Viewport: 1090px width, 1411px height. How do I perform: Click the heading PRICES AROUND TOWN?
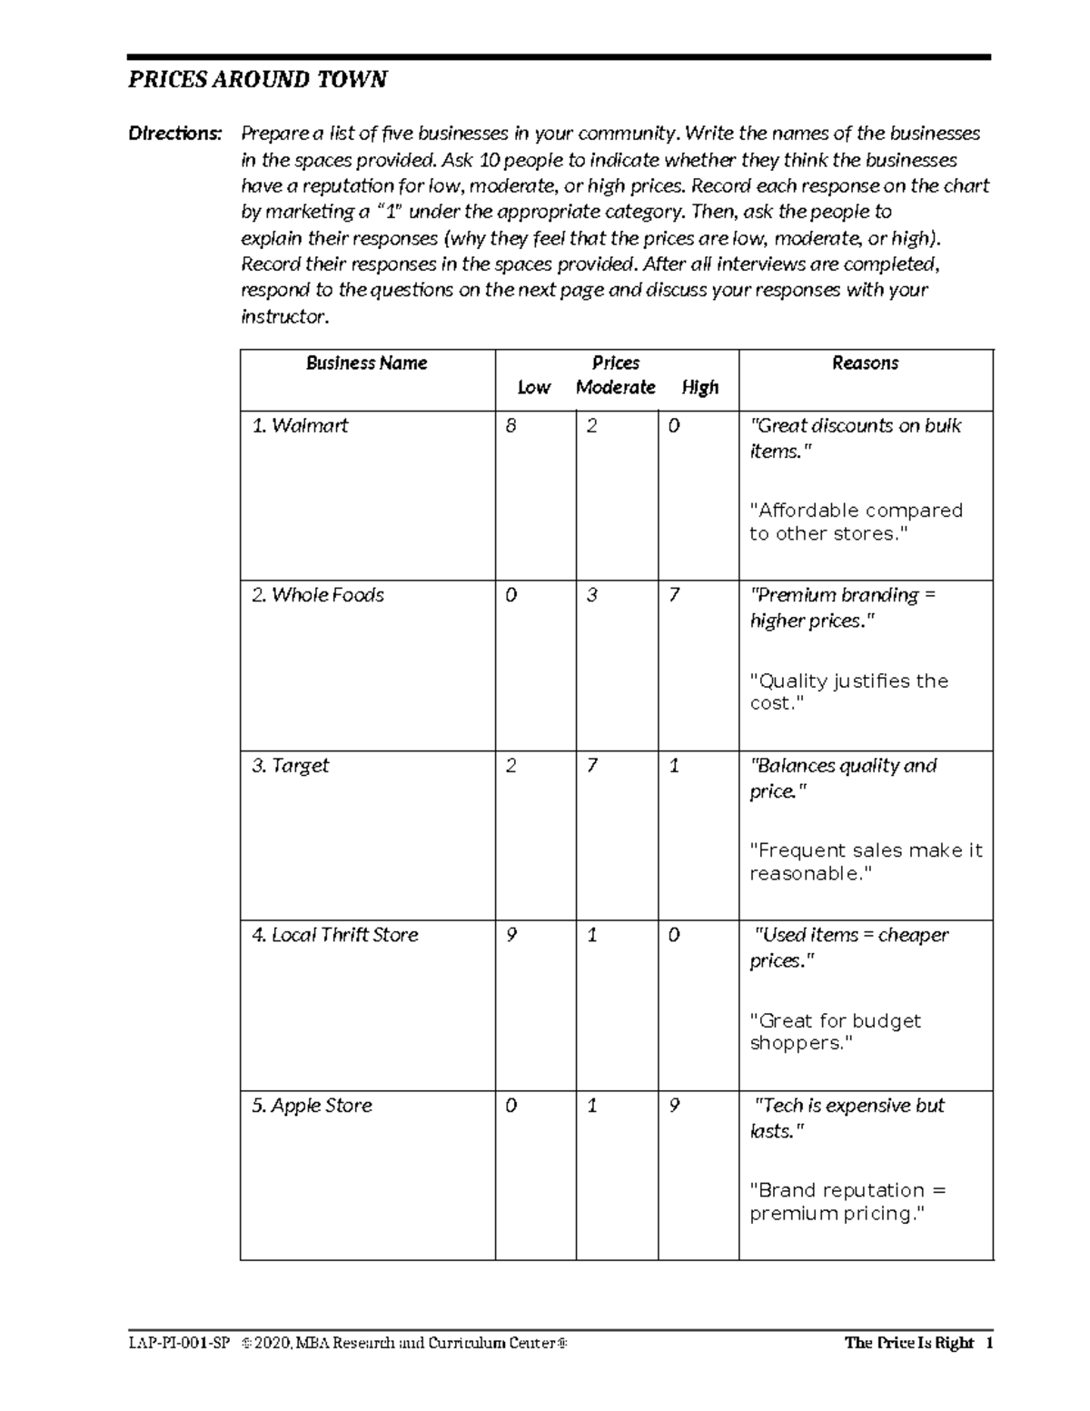(x=257, y=80)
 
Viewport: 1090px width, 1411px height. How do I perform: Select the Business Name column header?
(x=366, y=363)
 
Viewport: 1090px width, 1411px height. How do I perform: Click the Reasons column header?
(x=865, y=363)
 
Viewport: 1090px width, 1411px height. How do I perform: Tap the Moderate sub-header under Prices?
(x=615, y=388)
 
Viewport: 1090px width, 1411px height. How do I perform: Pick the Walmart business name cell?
(x=300, y=426)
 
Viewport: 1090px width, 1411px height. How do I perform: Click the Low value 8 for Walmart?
(x=510, y=426)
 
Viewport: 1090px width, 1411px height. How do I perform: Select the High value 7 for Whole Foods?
(x=674, y=596)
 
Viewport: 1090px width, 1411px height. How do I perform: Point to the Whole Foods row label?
(x=318, y=596)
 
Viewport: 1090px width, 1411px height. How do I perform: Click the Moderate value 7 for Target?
(x=592, y=766)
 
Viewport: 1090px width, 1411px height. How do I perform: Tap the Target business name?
(x=291, y=766)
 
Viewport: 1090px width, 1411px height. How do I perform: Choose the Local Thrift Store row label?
(x=335, y=936)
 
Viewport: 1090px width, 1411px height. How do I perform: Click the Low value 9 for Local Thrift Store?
(x=510, y=936)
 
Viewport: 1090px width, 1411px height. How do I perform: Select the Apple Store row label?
(x=312, y=1106)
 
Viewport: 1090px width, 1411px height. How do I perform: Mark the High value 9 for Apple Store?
(x=674, y=1106)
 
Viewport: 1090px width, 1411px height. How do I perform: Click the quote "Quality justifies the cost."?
(x=848, y=692)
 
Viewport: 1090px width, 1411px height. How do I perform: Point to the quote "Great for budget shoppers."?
(x=835, y=1032)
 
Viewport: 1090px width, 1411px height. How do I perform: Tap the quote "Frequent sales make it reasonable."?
(x=865, y=862)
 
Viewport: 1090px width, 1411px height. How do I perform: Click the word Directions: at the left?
(x=174, y=134)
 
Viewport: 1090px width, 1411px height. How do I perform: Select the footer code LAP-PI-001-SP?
(x=179, y=1343)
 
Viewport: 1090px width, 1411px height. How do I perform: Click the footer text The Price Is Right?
(x=908, y=1343)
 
